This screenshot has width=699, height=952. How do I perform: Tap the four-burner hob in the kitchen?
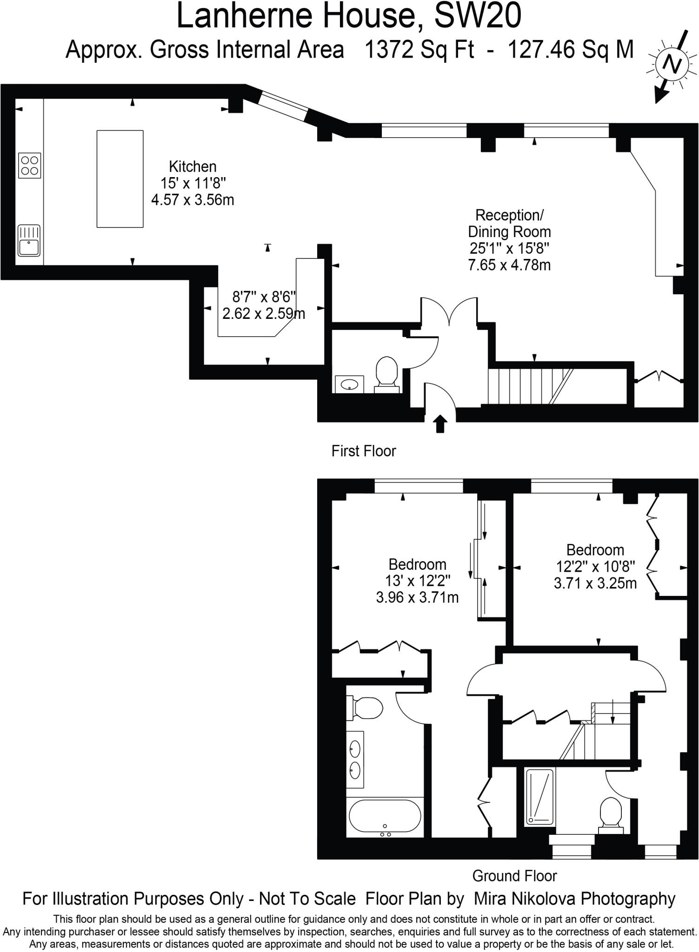coord(30,165)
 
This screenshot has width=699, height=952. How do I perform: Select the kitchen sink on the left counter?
coord(29,240)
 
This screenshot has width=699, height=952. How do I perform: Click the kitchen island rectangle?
coord(120,179)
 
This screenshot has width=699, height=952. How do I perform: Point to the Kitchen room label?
coord(193,166)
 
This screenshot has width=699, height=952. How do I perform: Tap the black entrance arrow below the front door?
coord(440,424)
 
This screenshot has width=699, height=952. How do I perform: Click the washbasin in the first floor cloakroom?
coord(349,384)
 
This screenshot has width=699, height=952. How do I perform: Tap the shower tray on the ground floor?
coord(539,797)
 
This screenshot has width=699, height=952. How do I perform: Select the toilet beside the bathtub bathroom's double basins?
coord(367,708)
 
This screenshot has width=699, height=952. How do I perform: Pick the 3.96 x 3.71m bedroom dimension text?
coord(417,597)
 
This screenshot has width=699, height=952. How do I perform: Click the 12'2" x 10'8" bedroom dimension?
coord(595,567)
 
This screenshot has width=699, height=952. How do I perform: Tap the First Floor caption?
coord(363,451)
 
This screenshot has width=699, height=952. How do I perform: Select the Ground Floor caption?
coord(514,876)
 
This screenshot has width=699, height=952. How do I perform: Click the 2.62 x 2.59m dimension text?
coord(264,314)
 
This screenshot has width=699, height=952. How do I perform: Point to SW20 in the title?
coord(478,16)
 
